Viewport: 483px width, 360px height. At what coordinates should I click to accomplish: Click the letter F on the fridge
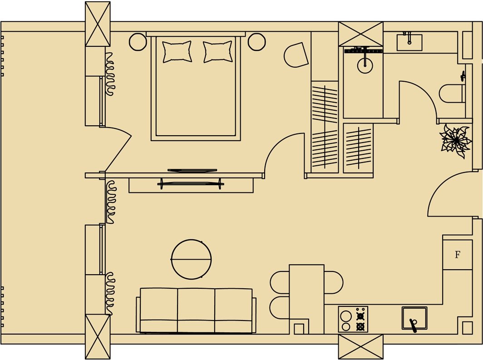(458, 255)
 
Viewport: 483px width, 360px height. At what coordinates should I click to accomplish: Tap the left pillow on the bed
(177, 52)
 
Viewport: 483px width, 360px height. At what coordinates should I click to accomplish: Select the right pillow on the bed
(218, 52)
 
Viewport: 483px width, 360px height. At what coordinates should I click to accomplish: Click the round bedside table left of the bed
(138, 42)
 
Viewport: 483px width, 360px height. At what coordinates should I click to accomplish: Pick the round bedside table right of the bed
(256, 42)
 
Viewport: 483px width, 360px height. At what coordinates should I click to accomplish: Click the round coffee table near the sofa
(191, 259)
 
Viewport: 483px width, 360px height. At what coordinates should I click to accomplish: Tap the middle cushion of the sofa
(196, 311)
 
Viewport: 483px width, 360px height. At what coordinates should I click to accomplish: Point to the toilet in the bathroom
(452, 94)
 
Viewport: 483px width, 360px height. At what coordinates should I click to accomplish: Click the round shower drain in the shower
(365, 65)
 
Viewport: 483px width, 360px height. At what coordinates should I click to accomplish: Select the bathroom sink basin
(409, 43)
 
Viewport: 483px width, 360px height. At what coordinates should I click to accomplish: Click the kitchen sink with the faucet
(414, 318)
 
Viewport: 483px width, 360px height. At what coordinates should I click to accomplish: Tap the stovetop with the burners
(353, 319)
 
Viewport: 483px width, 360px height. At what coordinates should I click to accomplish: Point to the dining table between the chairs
(306, 299)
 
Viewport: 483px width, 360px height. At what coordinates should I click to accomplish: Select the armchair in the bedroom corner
(296, 55)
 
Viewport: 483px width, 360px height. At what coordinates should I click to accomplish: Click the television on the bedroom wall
(192, 170)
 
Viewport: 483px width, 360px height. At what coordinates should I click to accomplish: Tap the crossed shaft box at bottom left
(98, 336)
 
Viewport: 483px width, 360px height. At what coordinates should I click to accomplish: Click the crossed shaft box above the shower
(361, 34)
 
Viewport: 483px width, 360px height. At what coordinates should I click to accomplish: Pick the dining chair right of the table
(334, 282)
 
